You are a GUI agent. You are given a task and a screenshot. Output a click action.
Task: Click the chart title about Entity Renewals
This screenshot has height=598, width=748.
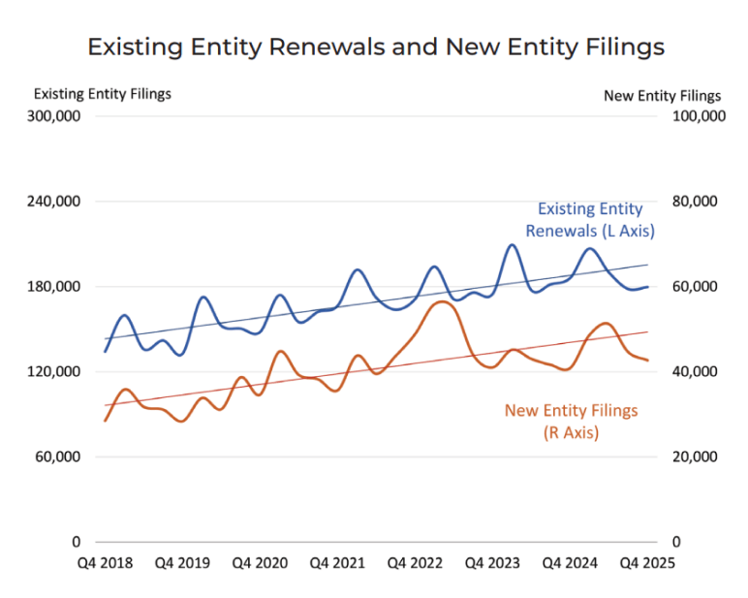pos(376,47)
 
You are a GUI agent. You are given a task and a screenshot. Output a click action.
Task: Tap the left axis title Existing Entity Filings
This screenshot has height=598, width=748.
pos(103,94)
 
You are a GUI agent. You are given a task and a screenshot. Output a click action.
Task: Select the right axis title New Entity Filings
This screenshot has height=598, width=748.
pos(662,95)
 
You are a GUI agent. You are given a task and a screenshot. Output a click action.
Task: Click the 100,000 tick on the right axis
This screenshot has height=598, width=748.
pos(698,116)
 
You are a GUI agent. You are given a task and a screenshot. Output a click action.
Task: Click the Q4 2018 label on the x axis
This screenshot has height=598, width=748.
pos(106,563)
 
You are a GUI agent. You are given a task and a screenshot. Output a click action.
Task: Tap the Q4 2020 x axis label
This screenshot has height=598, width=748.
pos(260,563)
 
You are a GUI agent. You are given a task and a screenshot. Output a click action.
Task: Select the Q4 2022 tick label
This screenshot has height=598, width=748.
pos(415,563)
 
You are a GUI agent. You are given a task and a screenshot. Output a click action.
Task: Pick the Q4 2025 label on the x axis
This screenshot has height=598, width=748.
pos(647,563)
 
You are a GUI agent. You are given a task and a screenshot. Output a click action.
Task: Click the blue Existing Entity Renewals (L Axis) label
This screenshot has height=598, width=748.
pos(590,220)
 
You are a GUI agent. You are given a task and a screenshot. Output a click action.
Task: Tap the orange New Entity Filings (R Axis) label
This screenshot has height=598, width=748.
pos(571,421)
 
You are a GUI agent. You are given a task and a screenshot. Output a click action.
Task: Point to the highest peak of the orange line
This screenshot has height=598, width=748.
pos(441,302)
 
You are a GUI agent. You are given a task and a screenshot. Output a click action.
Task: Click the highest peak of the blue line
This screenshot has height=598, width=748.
pos(512,245)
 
